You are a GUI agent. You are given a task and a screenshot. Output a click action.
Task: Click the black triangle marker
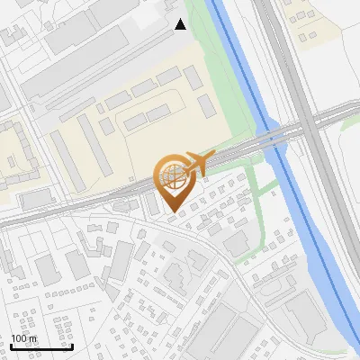coord(181,24)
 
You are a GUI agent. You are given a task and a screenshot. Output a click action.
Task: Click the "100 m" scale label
coord(24,338)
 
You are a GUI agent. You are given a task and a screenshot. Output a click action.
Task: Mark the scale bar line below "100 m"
coord(40,346)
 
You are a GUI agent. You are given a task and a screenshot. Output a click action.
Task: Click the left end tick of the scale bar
coord(10,345)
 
